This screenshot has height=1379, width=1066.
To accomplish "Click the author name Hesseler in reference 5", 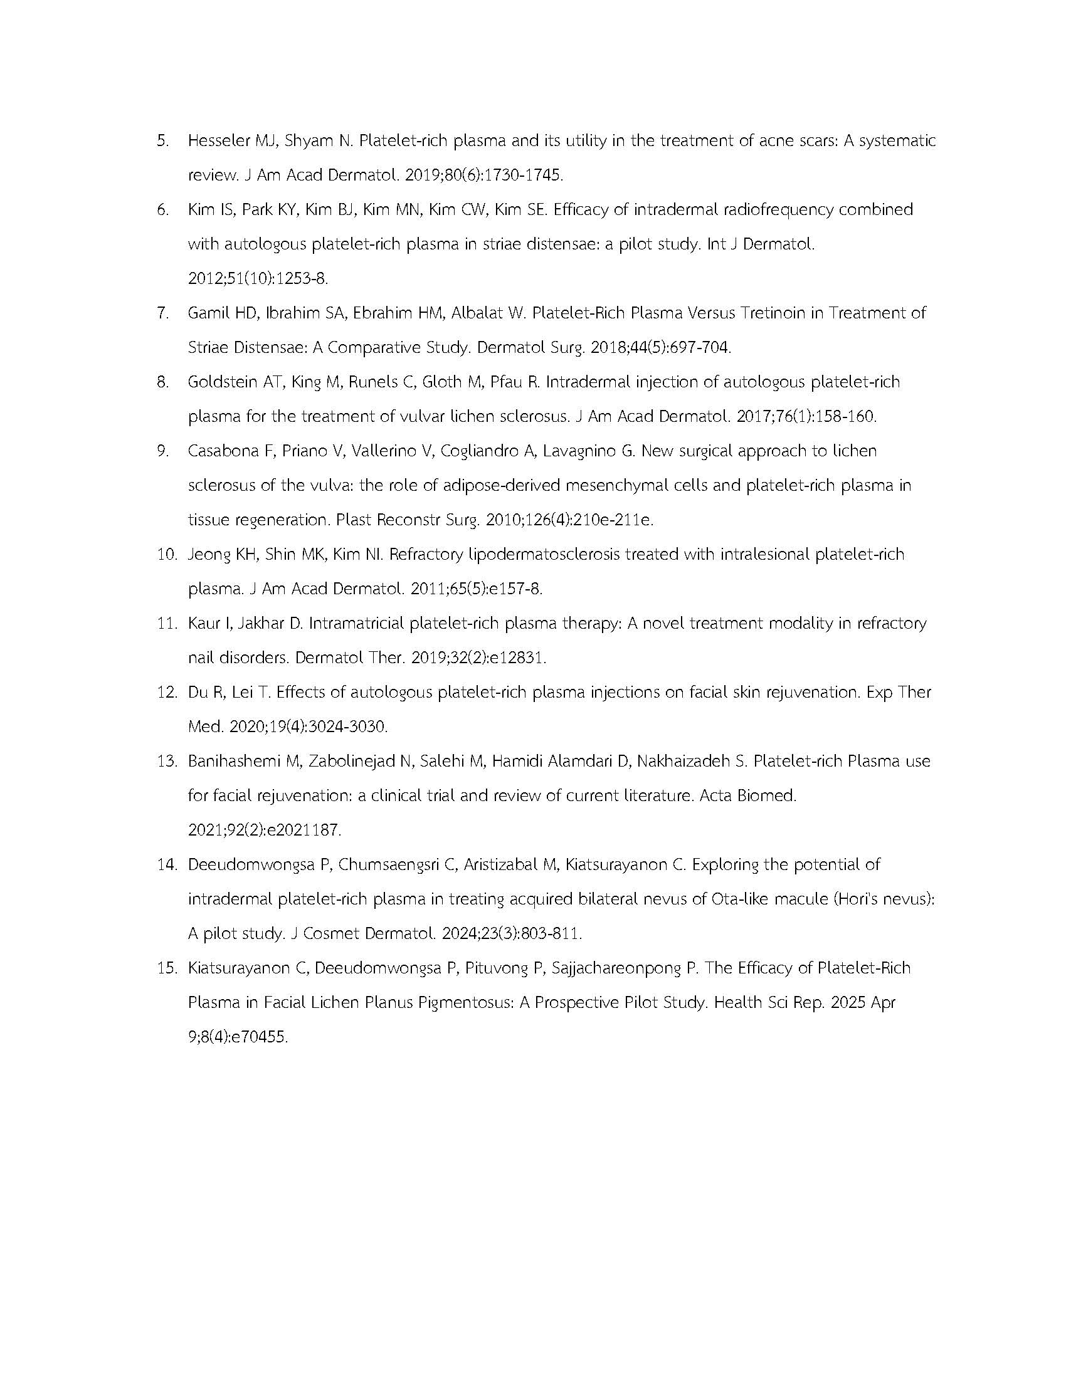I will tap(218, 141).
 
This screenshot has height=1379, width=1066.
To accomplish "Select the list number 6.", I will tap(162, 209).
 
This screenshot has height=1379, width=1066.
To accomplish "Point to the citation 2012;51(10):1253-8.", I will tap(258, 278).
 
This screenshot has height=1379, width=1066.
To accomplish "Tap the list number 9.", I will tap(162, 451).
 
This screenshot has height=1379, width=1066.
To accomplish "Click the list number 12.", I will tap(166, 693).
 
